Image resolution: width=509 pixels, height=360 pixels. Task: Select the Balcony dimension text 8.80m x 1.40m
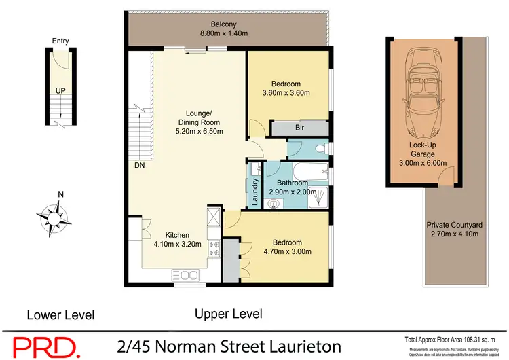tap(224, 33)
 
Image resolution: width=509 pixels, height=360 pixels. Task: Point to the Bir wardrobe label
tap(299, 127)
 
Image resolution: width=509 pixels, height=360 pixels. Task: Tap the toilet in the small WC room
tap(320, 148)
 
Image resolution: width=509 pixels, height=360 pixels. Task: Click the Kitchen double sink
tap(185, 275)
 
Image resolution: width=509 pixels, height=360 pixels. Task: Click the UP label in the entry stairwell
tap(60, 90)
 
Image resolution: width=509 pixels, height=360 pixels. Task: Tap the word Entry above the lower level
tap(60, 41)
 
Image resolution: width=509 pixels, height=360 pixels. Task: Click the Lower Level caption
tap(60, 314)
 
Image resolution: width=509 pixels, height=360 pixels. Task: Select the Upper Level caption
tap(228, 314)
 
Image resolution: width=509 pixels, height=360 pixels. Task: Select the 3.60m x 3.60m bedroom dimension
tap(286, 93)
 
